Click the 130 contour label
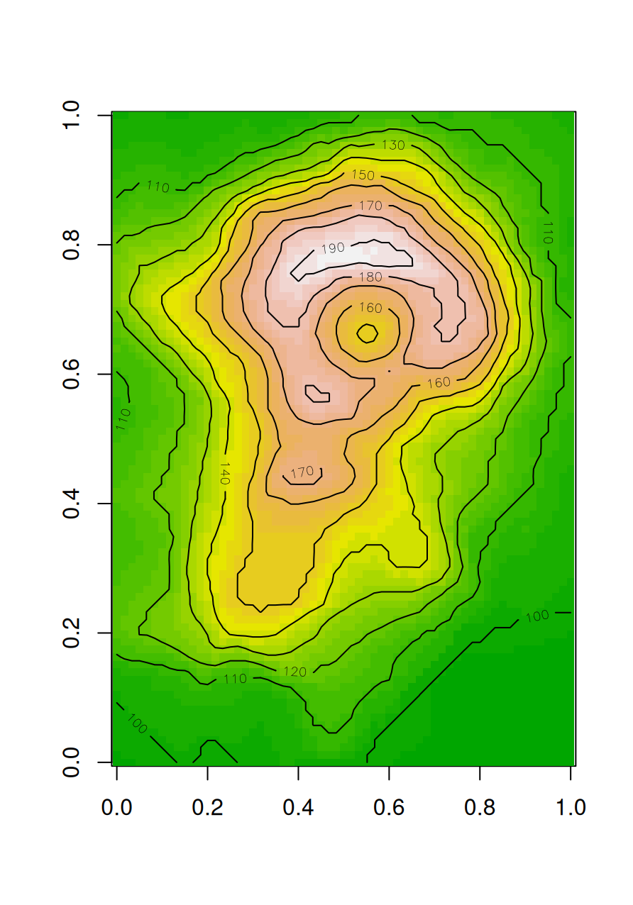tap(393, 145)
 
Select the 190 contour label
tap(333, 248)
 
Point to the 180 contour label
tap(370, 277)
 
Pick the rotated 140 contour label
tap(225, 474)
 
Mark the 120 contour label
tap(295, 671)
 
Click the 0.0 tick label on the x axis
tap(116, 807)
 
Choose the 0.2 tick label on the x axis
tap(207, 807)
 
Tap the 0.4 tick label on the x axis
tap(298, 807)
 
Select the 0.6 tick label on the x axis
tap(389, 807)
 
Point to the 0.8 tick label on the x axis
tap(480, 807)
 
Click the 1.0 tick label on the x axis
tap(571, 807)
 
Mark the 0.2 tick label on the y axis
tap(72, 633)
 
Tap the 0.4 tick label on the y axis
tap(72, 504)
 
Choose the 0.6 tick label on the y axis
tap(72, 374)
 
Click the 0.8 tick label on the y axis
tap(72, 245)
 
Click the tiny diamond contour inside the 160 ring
tap(367, 332)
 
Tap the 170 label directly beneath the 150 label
tap(370, 206)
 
